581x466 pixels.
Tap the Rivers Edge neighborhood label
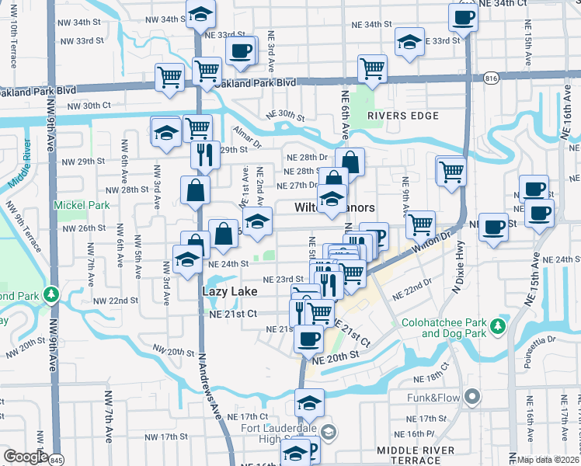point(403,116)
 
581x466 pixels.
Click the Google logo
point(26,457)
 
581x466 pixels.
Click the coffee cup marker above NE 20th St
point(309,339)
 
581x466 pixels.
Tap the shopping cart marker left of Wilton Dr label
point(420,224)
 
